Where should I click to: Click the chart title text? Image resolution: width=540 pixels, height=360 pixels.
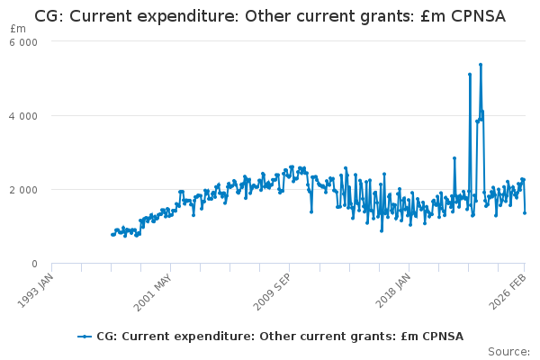(270, 16)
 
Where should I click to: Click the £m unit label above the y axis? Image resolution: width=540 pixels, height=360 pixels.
(18, 30)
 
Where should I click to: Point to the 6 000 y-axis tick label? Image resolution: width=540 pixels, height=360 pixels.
(24, 42)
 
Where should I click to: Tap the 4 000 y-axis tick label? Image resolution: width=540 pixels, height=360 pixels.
(24, 116)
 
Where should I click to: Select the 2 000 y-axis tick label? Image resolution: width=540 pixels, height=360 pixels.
(24, 190)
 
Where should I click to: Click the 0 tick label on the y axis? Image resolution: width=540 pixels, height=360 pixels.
(33, 264)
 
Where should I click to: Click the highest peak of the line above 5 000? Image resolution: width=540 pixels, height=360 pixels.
(481, 65)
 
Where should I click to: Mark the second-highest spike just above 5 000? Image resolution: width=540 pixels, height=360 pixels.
(470, 75)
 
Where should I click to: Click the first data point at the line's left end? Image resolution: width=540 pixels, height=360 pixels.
(112, 235)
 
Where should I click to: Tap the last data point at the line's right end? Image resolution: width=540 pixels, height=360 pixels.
(525, 213)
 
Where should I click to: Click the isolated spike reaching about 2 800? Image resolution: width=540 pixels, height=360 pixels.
(454, 158)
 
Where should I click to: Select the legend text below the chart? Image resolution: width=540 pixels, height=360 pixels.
(279, 337)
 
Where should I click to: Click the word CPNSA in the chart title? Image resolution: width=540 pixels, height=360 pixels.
(474, 16)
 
